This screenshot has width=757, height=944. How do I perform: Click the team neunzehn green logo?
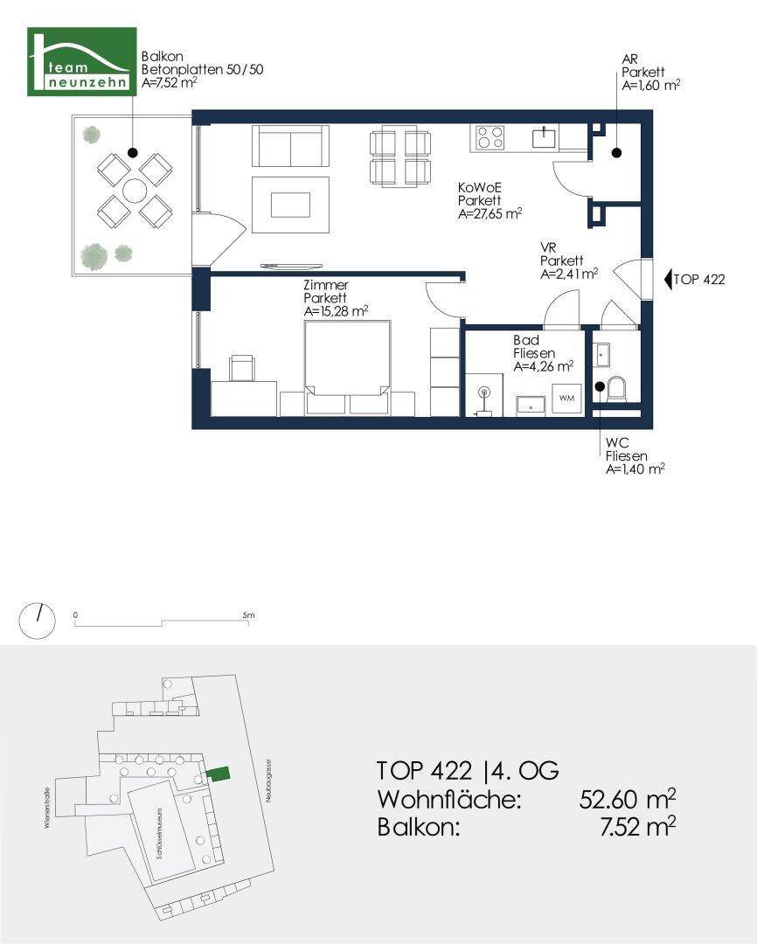[x=82, y=61]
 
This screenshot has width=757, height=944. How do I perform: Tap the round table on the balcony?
[x=135, y=191]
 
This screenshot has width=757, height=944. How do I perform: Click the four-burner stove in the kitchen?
[x=489, y=137]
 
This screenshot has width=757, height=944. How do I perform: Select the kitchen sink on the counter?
[x=545, y=137]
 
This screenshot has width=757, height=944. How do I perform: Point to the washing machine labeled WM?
[x=566, y=399]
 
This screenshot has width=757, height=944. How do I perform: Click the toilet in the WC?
[x=617, y=389]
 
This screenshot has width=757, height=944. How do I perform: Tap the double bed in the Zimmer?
[x=348, y=367]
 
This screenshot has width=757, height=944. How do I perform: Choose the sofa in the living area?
[x=290, y=146]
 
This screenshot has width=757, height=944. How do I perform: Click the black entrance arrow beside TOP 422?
[x=668, y=280]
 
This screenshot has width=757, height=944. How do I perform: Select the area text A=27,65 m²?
[x=490, y=214]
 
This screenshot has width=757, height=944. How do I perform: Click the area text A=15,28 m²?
[x=336, y=311]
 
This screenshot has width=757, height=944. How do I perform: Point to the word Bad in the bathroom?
[x=526, y=340]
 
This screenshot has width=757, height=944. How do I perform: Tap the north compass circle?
[x=37, y=621]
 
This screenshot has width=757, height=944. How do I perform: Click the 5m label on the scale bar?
[x=249, y=615]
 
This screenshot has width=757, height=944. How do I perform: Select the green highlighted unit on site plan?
[x=218, y=773]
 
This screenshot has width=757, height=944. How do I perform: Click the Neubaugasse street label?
[x=268, y=781]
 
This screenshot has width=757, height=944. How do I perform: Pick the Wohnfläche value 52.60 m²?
[x=627, y=800]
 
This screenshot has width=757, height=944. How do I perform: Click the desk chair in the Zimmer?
[x=242, y=367]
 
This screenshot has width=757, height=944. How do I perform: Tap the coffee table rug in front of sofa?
[x=290, y=205]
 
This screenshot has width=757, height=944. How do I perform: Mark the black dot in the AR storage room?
[x=616, y=153]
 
